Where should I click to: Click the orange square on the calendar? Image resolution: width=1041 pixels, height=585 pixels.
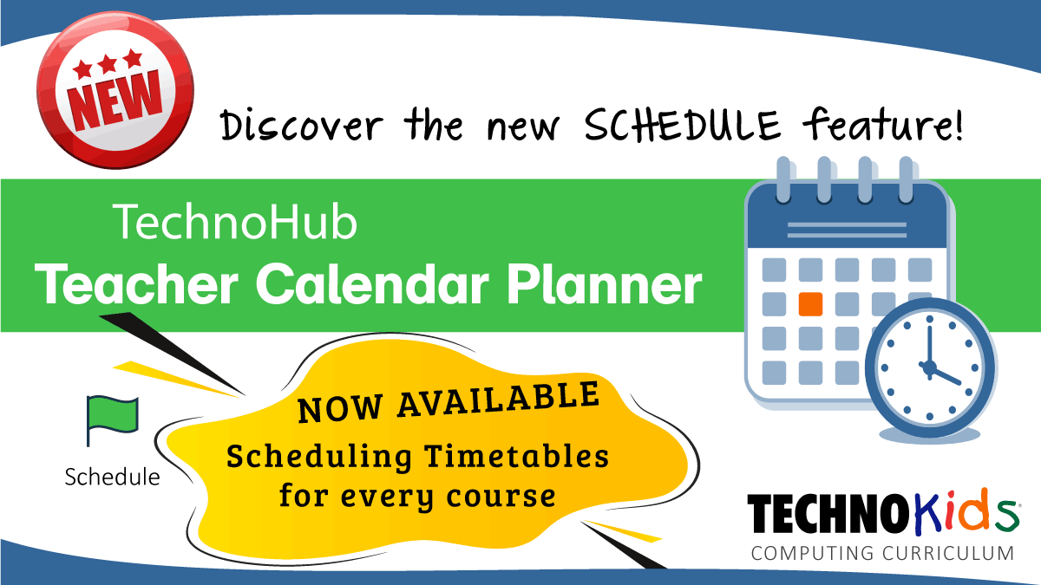pos(809,304)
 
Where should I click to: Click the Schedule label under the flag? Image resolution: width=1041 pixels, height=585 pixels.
pos(112,477)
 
